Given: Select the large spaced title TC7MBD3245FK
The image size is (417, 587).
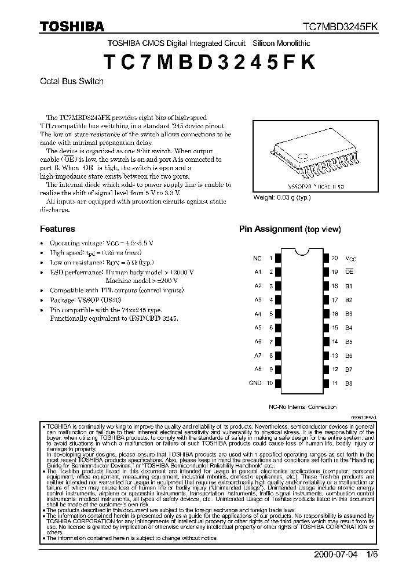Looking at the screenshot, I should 209,62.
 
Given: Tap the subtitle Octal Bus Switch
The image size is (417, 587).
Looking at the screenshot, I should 72,81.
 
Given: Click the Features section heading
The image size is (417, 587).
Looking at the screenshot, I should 57,229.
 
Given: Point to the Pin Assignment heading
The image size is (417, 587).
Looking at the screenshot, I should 290,229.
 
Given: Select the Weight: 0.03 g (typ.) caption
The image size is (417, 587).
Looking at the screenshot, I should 282,198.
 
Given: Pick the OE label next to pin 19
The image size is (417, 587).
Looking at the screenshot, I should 349,272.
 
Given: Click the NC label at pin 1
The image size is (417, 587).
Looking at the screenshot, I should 258,258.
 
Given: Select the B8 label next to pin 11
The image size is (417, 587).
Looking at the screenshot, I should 349,383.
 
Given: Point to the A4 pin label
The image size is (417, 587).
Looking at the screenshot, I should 258,314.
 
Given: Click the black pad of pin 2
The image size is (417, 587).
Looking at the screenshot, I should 278,272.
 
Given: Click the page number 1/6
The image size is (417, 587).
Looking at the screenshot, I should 372,554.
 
